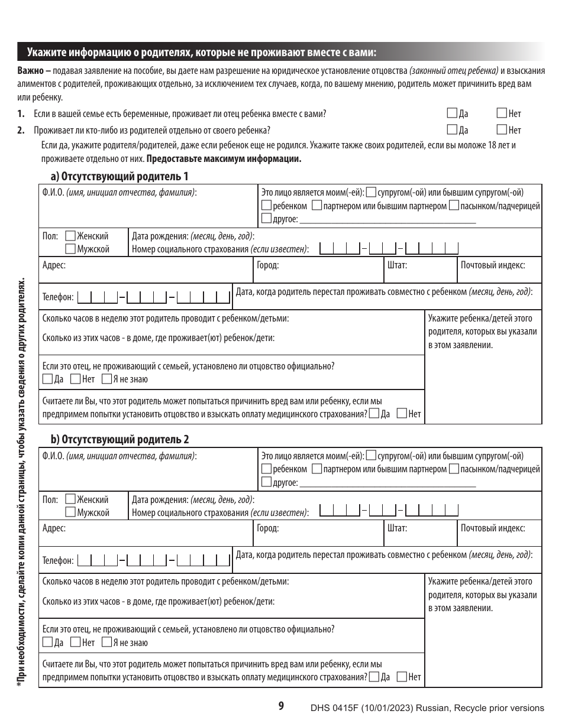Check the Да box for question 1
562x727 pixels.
click(x=453, y=113)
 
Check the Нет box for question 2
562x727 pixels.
click(x=502, y=129)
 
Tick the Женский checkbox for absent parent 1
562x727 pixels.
click(x=70, y=236)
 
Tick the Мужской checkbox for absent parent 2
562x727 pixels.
click(x=70, y=512)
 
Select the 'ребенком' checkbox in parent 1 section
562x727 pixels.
click(x=267, y=206)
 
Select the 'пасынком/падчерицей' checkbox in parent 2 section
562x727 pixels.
click(x=454, y=469)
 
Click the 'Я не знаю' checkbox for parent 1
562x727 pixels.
click(x=106, y=379)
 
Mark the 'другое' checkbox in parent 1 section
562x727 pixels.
click(x=267, y=219)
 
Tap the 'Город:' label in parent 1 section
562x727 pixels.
click(x=267, y=265)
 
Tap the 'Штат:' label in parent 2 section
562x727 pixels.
click(x=397, y=528)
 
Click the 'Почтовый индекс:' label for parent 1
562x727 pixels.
click(x=493, y=265)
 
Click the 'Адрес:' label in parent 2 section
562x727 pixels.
click(x=54, y=528)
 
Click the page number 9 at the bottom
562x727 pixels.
click(x=281, y=705)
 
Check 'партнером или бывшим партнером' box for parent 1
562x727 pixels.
click(x=316, y=206)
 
